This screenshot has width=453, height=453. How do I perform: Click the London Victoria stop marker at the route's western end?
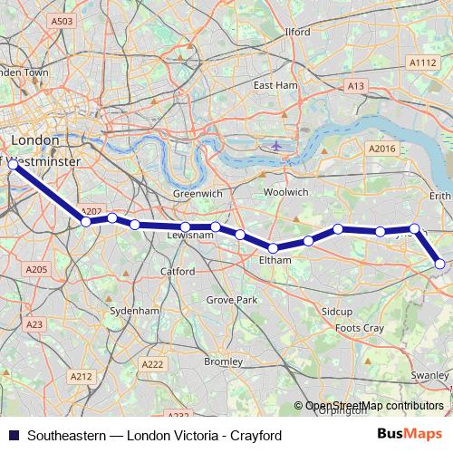tap(13, 165)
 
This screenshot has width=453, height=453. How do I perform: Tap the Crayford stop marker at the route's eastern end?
tap(440, 264)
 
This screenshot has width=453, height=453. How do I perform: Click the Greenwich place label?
tap(198, 193)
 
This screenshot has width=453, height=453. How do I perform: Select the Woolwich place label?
tap(285, 192)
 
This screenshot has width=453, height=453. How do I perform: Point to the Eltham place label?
tap(275, 260)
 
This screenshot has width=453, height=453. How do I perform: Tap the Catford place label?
tap(178, 271)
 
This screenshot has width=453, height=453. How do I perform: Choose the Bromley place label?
tap(223, 361)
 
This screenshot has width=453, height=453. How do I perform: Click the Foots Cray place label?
tap(360, 327)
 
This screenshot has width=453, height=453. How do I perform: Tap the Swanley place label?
tap(429, 375)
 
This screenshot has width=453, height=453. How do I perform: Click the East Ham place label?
tap(275, 85)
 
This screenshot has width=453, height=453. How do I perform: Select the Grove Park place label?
tap(232, 299)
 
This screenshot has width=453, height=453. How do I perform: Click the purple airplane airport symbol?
tap(276, 145)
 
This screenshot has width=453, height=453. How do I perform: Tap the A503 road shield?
tap(62, 21)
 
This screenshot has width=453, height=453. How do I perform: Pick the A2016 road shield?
tap(381, 148)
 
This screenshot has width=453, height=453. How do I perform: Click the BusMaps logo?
tap(410, 434)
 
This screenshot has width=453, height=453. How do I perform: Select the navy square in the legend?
tap(13, 435)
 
